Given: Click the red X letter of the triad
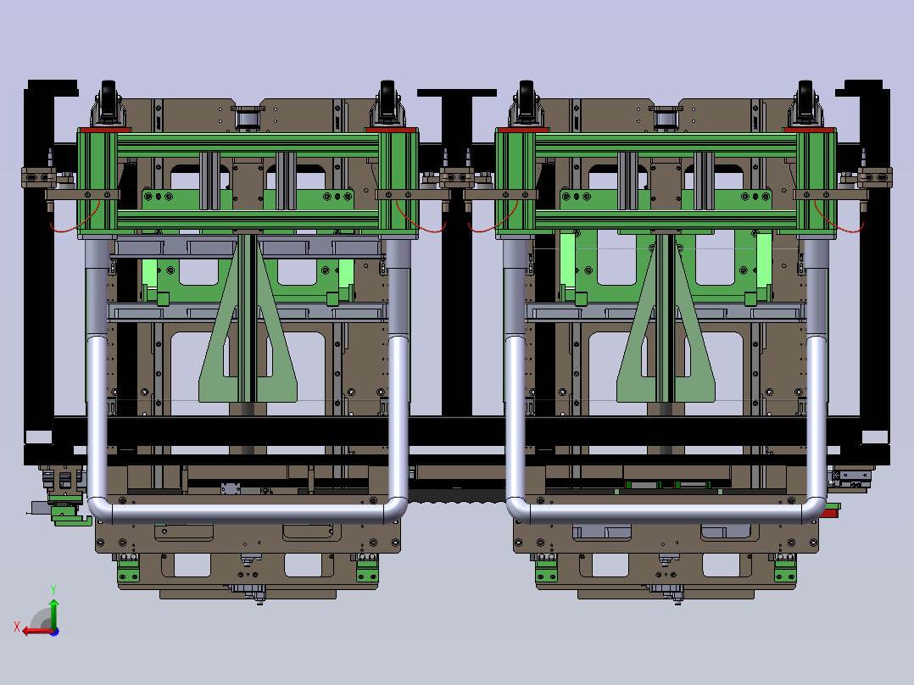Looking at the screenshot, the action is pyautogui.click(x=17, y=627).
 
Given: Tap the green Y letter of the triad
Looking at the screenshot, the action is pyautogui.click(x=53, y=590).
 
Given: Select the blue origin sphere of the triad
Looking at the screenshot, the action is pyautogui.click(x=54, y=632).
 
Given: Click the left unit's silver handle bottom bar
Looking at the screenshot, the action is pyautogui.click(x=248, y=513).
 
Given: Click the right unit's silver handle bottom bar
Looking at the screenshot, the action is pyautogui.click(x=666, y=513).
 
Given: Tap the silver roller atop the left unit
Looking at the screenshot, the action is pyautogui.click(x=248, y=119).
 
